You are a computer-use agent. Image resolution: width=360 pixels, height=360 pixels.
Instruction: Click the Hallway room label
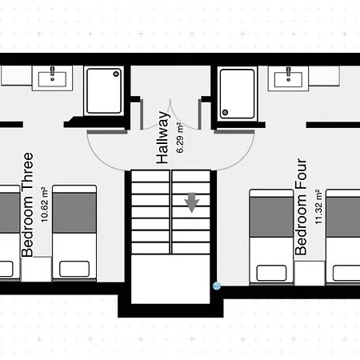click(163, 137)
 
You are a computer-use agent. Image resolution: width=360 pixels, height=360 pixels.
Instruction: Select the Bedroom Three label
click(27, 204)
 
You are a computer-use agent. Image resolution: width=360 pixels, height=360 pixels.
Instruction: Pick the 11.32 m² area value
click(318, 210)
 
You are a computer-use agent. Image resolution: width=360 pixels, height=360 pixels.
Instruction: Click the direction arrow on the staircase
click(192, 203)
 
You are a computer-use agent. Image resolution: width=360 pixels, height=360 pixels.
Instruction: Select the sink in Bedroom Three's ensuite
click(54, 78)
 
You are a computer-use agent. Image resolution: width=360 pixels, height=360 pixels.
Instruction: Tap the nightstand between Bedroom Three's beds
click(35, 270)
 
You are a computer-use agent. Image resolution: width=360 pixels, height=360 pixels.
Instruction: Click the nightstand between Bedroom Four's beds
click(310, 270)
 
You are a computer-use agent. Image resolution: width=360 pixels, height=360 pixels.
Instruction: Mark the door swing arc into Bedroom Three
click(104, 148)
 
